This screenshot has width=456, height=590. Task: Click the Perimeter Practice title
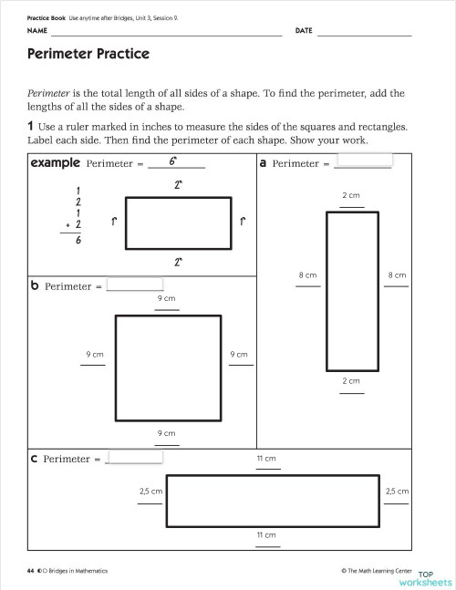tap(88, 54)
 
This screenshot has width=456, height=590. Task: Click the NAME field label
tap(36, 31)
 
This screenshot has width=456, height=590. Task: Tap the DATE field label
tap(304, 31)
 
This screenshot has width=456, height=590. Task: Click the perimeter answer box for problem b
tap(135, 285)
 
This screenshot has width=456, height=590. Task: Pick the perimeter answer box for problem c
tap(135, 458)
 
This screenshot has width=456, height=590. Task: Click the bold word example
tap(55, 163)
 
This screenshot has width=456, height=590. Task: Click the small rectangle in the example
tap(177, 223)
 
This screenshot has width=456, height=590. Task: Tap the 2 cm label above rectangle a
tap(351, 196)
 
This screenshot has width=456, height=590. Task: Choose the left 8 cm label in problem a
tap(307, 274)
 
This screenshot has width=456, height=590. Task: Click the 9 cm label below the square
tap(166, 433)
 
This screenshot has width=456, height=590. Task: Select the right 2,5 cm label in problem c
tap(397, 491)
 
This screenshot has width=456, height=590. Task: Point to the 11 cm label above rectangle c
tap(266, 459)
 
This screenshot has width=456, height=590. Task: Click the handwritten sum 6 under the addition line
tap(78, 242)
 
